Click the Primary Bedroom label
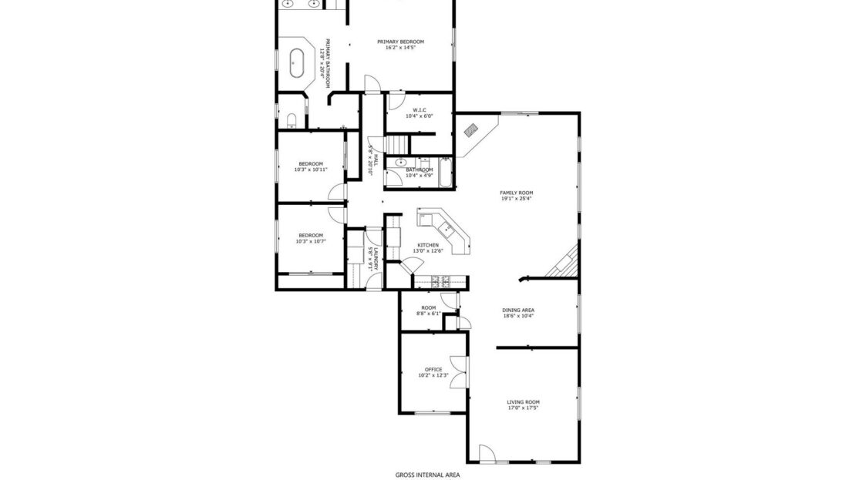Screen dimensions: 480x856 tap(400, 45)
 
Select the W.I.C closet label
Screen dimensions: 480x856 tap(420, 112)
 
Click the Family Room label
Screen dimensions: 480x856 tap(516, 195)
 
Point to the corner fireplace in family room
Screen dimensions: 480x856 tap(470, 131)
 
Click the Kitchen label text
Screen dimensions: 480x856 tap(428, 247)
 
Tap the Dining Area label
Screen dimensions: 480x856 tap(518, 313)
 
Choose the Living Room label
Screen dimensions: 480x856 tap(523, 404)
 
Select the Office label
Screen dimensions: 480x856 tap(433, 372)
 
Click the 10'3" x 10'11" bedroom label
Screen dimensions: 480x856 tap(311, 166)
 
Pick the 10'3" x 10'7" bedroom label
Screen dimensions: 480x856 tap(311, 238)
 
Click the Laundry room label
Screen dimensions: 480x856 tap(373, 257)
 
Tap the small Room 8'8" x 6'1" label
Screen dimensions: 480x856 tap(428, 310)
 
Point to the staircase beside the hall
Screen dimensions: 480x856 tap(397, 144)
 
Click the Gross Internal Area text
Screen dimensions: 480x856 tap(427, 475)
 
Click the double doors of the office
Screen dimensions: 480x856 tap(463, 373)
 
